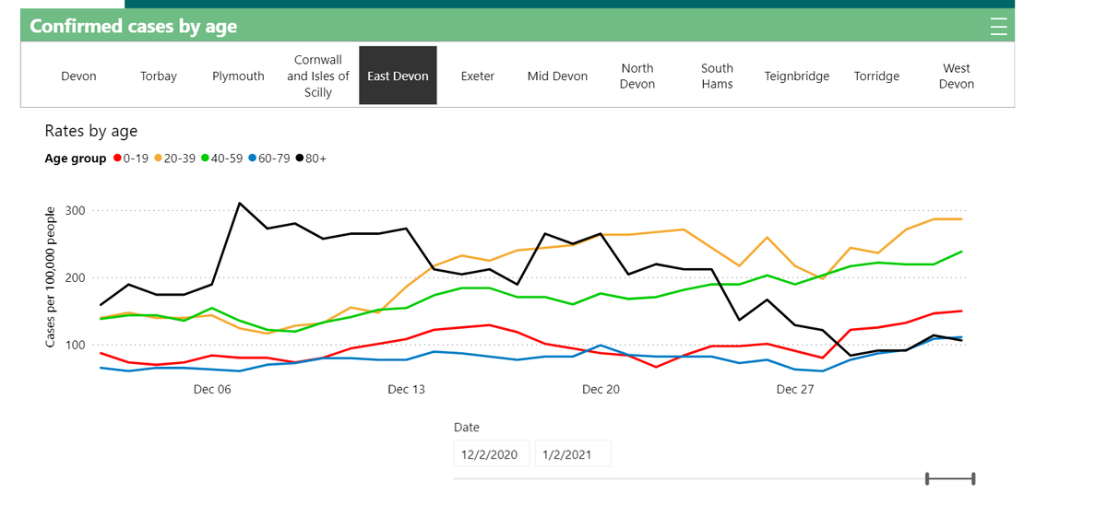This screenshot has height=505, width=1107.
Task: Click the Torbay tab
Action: [158, 76]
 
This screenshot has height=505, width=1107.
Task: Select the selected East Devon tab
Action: [398, 76]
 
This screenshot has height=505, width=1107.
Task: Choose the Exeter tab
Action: [478, 76]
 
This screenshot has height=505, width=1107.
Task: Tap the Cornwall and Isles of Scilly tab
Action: [318, 76]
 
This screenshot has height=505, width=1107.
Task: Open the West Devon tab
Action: [957, 76]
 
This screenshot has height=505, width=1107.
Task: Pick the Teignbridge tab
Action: [797, 76]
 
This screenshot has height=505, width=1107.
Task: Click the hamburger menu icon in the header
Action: [998, 27]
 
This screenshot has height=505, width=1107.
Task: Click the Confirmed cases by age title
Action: [134, 27]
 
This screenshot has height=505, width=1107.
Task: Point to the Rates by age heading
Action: [91, 131]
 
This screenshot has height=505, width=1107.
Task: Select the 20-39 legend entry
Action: [175, 159]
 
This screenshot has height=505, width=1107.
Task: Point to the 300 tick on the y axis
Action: [75, 211]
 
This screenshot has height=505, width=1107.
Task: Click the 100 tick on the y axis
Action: [75, 346]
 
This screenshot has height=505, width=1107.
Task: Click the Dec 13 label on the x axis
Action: [406, 390]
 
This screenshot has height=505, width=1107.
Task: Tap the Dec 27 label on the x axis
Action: [795, 390]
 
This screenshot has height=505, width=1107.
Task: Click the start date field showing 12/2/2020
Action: [492, 453]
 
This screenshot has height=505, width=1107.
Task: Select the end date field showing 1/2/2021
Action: [573, 453]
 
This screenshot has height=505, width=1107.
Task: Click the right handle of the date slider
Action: [973, 478]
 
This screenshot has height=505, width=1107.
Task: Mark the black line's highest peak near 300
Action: [240, 203]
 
